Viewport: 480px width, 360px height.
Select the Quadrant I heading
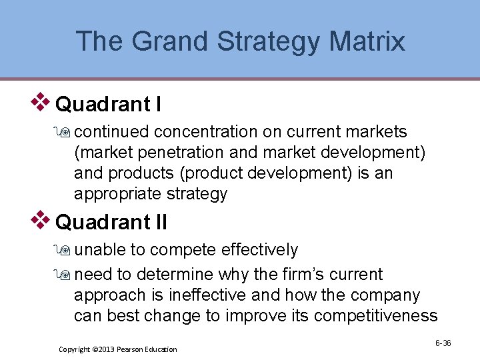click(108, 105)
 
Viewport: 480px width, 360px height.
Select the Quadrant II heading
click(111, 222)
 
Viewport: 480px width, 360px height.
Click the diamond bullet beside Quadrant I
click(41, 102)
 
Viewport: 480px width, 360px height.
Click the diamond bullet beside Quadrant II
click(41, 219)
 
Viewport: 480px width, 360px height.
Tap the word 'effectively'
click(259, 250)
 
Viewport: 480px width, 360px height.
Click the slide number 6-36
click(443, 343)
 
